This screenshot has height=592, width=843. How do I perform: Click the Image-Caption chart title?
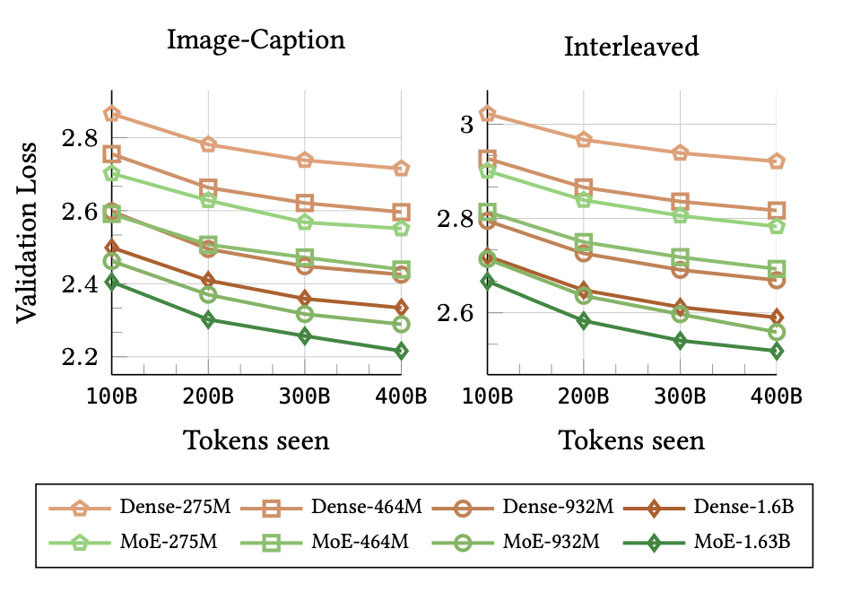(256, 42)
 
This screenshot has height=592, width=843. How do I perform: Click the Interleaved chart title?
(631, 47)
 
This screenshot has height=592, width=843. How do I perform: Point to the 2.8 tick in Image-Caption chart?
(82, 139)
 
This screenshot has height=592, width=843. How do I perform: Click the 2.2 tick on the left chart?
(82, 357)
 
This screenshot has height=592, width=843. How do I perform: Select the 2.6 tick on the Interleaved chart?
(456, 313)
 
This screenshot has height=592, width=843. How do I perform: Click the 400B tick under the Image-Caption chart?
(400, 396)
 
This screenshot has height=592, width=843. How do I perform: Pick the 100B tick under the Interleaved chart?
(488, 396)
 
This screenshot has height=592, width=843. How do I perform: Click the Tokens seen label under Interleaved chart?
(631, 440)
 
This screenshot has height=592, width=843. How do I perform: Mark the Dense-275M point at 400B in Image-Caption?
(401, 169)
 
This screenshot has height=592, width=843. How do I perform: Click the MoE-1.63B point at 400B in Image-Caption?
(401, 351)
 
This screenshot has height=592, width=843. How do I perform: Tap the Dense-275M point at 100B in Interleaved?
(488, 114)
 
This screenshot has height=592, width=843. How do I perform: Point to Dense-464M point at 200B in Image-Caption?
(208, 188)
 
